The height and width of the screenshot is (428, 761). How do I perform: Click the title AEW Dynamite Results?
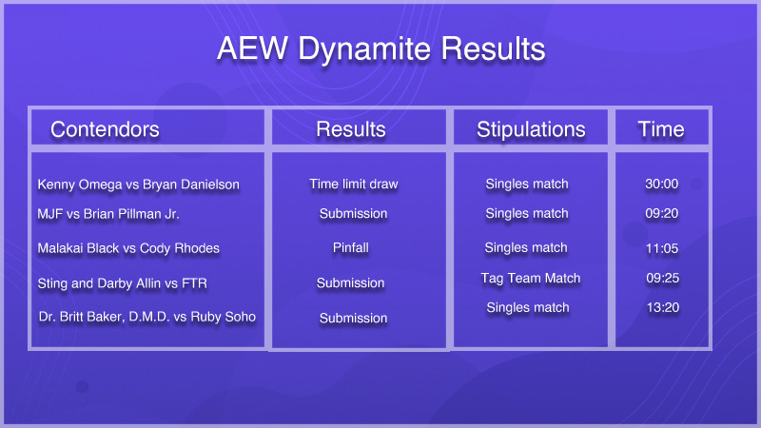pos(381,49)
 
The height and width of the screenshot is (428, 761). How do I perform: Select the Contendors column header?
pos(105,129)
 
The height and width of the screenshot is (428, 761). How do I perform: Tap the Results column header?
pos(351,129)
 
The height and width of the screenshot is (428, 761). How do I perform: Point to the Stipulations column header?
pos(531,130)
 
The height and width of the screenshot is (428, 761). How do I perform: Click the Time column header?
pos(661,129)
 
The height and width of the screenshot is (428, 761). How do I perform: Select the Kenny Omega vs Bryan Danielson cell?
pos(138,185)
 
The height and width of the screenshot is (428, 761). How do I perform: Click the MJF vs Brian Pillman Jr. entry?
pos(108,214)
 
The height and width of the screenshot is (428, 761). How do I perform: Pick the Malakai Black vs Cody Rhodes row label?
pos(128,248)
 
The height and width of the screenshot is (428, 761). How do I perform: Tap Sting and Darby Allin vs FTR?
pos(123,283)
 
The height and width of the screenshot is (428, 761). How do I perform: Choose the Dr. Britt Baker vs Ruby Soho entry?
pos(147,317)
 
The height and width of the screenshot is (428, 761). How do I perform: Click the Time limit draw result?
pos(354,185)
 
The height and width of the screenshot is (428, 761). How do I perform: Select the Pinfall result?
pos(351,248)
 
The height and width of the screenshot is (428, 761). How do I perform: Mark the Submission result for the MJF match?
pos(353,213)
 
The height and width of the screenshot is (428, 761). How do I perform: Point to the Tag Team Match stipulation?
pos(531,279)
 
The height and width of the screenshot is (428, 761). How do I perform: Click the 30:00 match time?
pos(661,184)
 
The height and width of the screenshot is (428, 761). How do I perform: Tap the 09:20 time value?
pos(661,213)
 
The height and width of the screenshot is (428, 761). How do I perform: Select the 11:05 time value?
pos(662,248)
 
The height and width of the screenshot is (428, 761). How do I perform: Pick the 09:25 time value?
pos(662,278)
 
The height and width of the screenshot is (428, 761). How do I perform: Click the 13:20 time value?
pos(663,307)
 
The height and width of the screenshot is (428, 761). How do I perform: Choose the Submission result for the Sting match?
pos(350,282)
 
